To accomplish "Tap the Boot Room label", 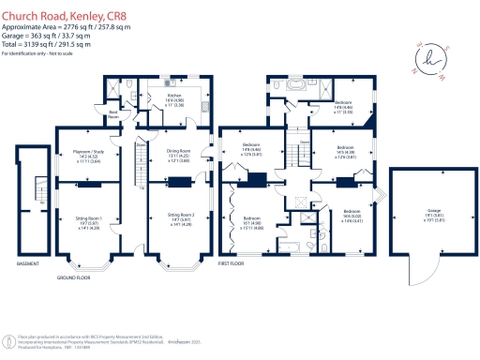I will [114, 113].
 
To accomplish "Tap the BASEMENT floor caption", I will [29, 264].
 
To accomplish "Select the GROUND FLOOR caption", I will [72, 278].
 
